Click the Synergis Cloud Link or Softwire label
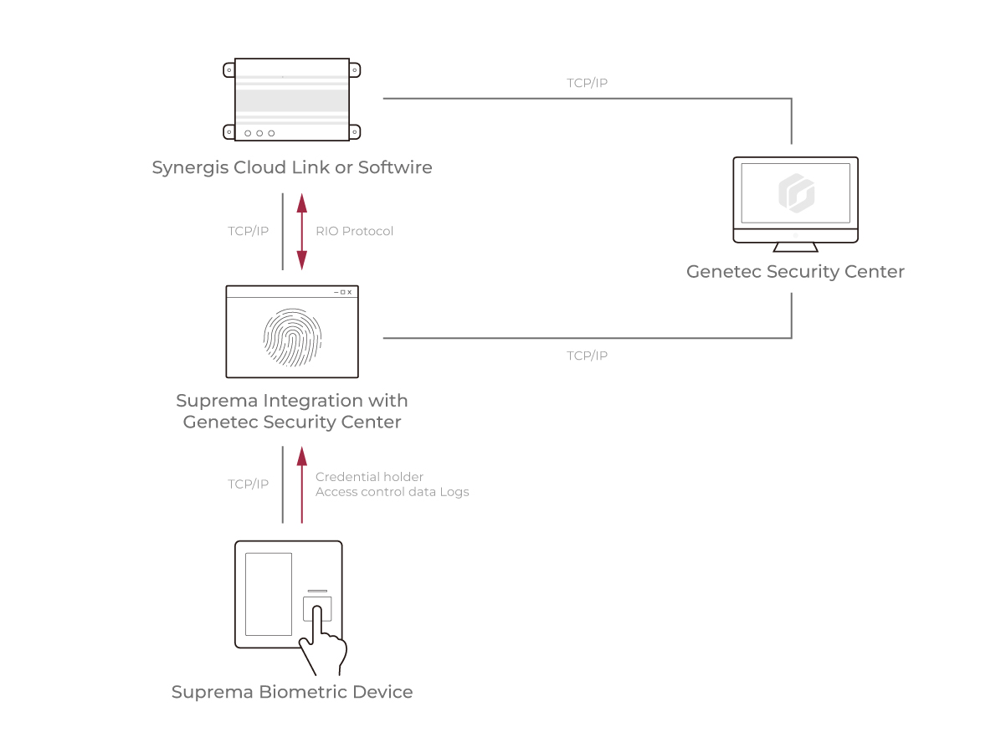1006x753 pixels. (292, 167)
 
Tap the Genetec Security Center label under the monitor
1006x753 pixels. (795, 272)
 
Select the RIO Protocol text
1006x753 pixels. (354, 231)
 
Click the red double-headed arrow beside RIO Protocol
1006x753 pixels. (302, 231)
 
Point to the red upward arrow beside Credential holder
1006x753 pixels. (302, 484)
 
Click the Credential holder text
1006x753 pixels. (369, 477)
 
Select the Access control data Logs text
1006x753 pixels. (392, 492)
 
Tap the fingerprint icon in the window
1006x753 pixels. (292, 338)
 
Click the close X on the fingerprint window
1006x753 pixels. (350, 292)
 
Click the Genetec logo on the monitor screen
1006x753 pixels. (796, 193)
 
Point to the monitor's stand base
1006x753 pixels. (795, 247)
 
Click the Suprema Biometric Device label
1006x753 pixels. (292, 693)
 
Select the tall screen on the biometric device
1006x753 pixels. (268, 593)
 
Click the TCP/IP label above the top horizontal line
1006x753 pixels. (587, 84)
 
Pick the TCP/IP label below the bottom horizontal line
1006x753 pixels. (587, 356)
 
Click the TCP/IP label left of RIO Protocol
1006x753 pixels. (248, 231)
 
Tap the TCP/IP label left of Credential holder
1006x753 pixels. (248, 484)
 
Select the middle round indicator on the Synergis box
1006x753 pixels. (259, 133)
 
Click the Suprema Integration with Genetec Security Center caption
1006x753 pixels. (292, 412)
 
